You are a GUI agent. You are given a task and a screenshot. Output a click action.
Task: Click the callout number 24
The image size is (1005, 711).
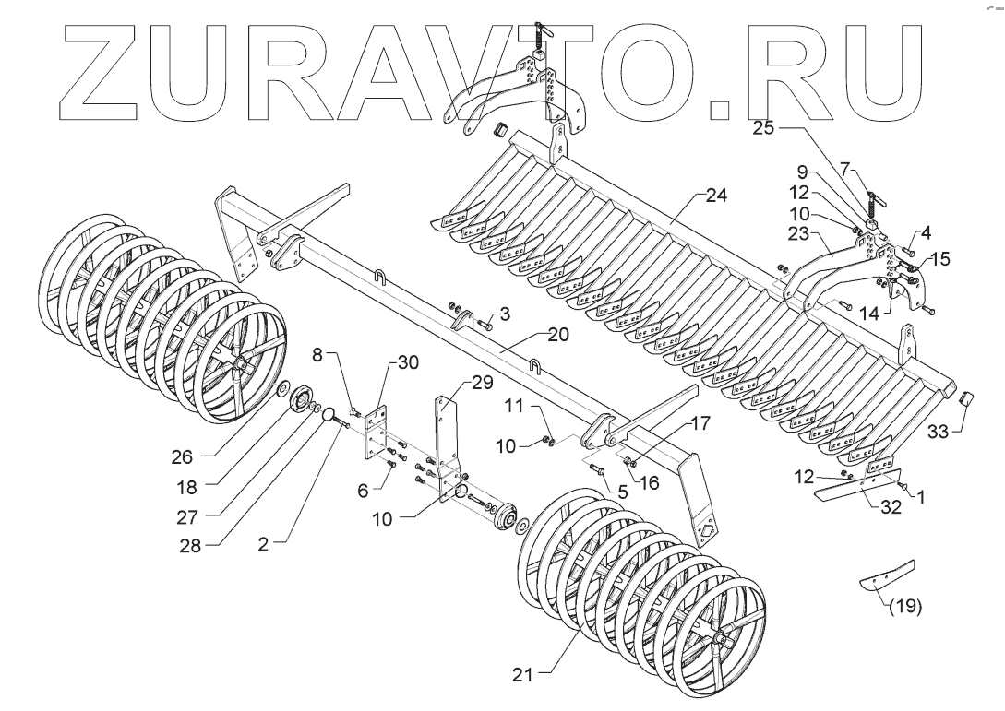click(717, 196)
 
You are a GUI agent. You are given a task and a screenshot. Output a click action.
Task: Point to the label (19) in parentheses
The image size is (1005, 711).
click(904, 608)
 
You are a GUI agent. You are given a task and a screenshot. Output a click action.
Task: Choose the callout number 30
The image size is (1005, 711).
click(408, 361)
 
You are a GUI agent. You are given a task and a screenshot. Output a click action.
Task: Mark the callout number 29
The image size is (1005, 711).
click(482, 382)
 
